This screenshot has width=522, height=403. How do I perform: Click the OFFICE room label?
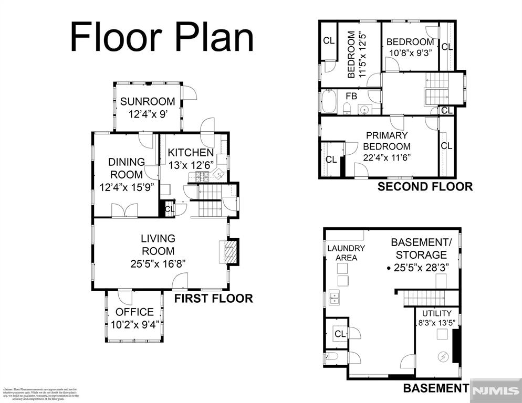[x=134, y=312]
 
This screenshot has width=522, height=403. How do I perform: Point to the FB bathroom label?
[x=351, y=97]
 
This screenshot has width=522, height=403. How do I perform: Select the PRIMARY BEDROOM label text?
[x=387, y=141]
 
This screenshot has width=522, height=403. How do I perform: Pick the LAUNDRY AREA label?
[x=346, y=252]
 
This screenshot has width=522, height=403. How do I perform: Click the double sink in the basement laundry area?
[x=334, y=299]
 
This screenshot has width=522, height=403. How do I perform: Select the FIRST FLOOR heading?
[x=214, y=299]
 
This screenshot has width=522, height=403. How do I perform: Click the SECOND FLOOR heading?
[x=425, y=186]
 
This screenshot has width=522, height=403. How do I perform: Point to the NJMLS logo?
[x=496, y=390]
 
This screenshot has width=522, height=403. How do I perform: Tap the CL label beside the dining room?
[x=169, y=209]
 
